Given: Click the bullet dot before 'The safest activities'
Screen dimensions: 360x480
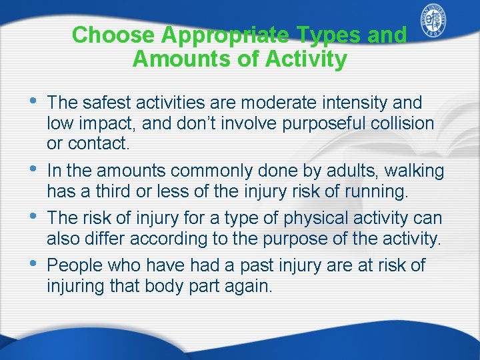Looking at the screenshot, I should [34, 101].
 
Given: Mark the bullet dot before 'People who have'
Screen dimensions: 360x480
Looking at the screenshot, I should [34, 264].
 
